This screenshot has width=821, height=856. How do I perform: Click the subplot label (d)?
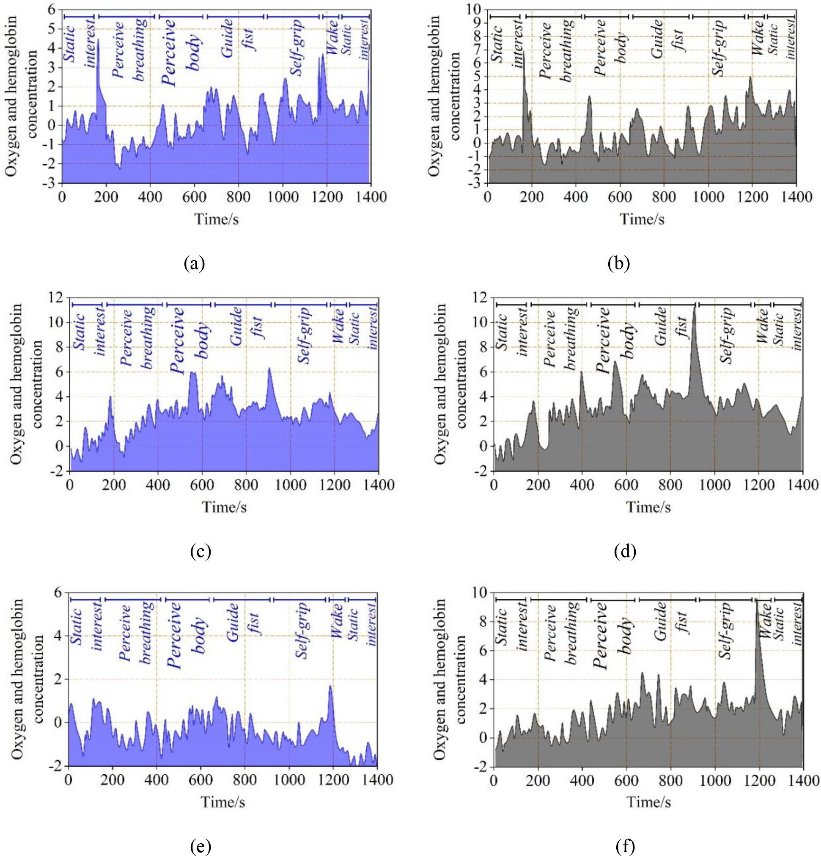tap(625, 551)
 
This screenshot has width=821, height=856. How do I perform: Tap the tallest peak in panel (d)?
tap(695, 306)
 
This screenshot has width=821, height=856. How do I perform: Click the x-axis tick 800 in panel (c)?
tap(245, 485)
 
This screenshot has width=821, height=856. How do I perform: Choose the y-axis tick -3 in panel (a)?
tap(51, 183)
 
